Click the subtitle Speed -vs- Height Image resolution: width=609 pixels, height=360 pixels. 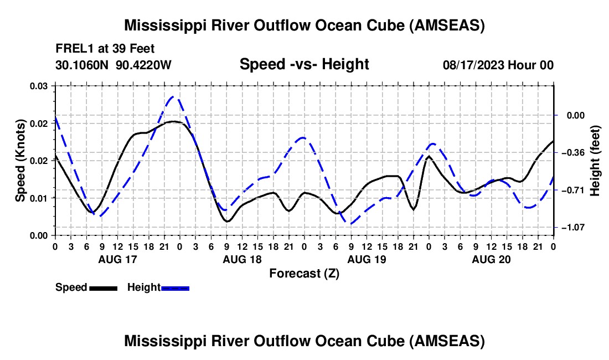[x=304, y=64]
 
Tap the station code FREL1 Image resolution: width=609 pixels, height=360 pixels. [x=72, y=48]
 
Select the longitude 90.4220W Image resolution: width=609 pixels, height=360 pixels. [x=144, y=65]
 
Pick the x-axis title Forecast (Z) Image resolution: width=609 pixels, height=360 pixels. [x=304, y=273]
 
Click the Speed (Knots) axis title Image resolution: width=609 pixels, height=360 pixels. [x=20, y=161]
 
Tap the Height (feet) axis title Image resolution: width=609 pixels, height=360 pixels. [x=595, y=161]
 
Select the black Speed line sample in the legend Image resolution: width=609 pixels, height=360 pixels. [x=103, y=287]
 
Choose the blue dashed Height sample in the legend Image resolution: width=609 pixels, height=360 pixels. [x=175, y=287]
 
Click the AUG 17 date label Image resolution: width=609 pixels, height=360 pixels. [x=117, y=259]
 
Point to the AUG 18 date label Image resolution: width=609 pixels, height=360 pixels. [x=241, y=259]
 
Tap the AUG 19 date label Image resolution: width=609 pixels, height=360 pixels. [x=366, y=259]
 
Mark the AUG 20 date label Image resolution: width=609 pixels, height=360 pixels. [x=491, y=259]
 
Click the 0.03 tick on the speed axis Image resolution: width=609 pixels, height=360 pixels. [x=39, y=86]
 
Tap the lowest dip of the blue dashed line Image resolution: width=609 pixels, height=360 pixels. [x=350, y=223]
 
